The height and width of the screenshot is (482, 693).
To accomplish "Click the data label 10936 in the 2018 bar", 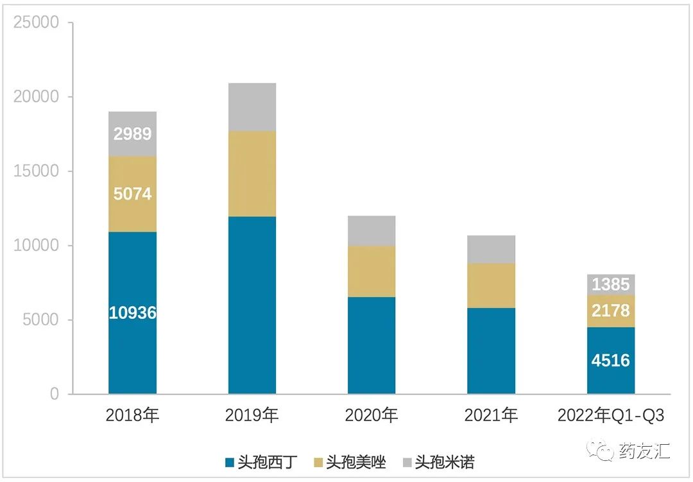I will coord(132,313).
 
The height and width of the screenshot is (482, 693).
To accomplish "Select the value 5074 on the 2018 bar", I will coord(132,193).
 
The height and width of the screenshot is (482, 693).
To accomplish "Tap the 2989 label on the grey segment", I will coord(132,134).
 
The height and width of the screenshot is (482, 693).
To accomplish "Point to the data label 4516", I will coord(610,360).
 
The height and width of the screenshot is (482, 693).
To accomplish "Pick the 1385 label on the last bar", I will coord(610,284).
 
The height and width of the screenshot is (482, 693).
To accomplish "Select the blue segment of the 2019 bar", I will coord(252,305).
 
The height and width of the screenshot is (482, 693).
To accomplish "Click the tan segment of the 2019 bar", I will coord(252,174).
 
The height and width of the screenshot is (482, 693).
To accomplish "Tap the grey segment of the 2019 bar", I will coord(252,107).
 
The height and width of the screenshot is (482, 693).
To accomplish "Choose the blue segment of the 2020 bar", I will coord(372,345).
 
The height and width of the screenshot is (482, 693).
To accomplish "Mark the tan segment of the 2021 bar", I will coord(491,286).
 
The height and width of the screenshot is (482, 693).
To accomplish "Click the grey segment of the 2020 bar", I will coord(372,231).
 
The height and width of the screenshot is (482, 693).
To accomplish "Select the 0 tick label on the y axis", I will coord(54,394).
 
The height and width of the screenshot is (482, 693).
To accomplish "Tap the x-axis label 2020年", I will coord(372,416).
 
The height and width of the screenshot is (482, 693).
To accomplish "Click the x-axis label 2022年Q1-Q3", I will coord(610,416).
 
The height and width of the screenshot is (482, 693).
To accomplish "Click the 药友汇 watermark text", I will coord(644,451).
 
